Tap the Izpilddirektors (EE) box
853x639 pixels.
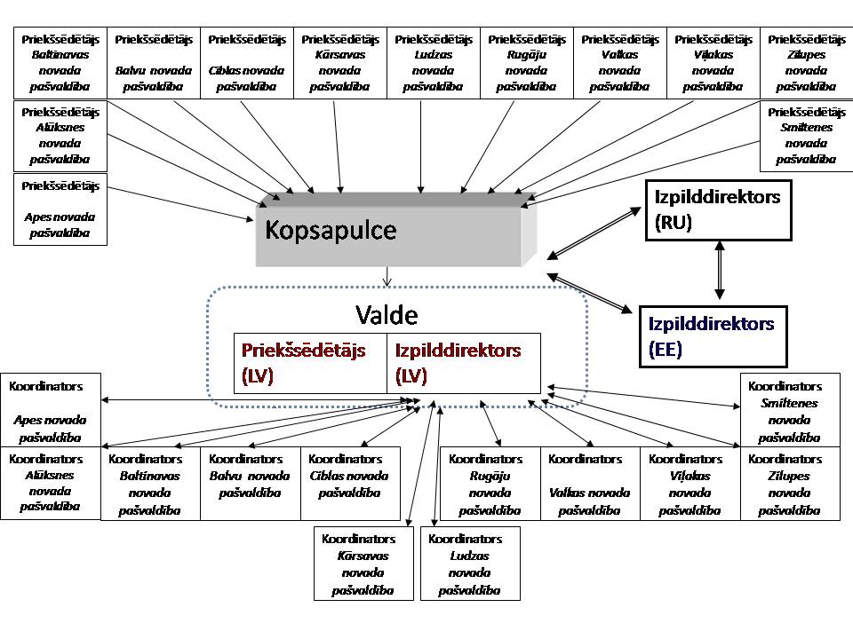point(713,335)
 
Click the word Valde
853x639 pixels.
point(387,315)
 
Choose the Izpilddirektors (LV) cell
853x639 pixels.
point(463,363)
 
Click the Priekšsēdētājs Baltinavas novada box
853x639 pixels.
point(60,63)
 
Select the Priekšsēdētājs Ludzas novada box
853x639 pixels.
point(433,63)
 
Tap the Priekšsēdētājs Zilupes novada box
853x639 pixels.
point(806,63)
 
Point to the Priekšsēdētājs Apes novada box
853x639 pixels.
point(60,209)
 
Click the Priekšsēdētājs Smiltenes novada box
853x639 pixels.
point(806,136)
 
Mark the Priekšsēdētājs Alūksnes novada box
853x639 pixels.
point(60,136)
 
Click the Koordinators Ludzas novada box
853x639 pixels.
point(469,564)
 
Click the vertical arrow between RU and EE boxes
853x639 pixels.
point(720,272)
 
